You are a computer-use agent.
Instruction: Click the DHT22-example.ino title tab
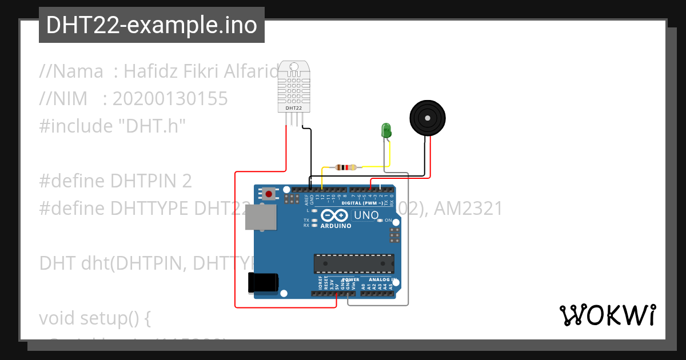tap(151, 25)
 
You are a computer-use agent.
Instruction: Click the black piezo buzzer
tap(427, 119)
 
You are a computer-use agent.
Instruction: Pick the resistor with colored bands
tap(346, 167)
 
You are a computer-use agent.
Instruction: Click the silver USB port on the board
tap(261, 218)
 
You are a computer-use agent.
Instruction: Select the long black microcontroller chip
tap(353, 263)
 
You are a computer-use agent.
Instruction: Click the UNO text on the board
tap(366, 215)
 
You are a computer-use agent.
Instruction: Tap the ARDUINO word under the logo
tap(336, 226)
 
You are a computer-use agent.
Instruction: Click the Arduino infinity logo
tap(334, 216)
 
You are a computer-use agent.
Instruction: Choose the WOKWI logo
tap(607, 315)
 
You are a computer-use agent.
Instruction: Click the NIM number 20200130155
tap(170, 99)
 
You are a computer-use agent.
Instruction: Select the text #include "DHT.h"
tap(113, 126)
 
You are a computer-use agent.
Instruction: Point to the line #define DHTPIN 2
tap(115, 181)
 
